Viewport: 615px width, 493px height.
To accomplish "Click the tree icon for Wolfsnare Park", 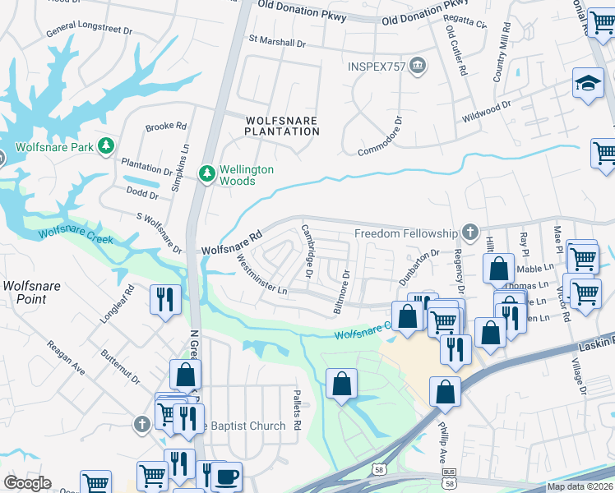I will (105, 146).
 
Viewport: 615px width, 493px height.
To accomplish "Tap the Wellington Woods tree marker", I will (207, 173).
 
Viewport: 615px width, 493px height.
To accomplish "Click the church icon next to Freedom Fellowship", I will (470, 233).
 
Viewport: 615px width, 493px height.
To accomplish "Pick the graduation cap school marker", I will (588, 85).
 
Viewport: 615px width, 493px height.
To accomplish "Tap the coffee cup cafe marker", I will (226, 476).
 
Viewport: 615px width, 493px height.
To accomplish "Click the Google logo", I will (27, 483).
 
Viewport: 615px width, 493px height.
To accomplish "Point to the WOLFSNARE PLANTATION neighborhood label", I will (282, 126).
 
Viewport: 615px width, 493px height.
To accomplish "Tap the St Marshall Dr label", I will (277, 39).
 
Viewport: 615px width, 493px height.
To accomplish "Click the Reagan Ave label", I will (66, 358).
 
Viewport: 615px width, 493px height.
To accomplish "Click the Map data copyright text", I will (577, 486).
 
